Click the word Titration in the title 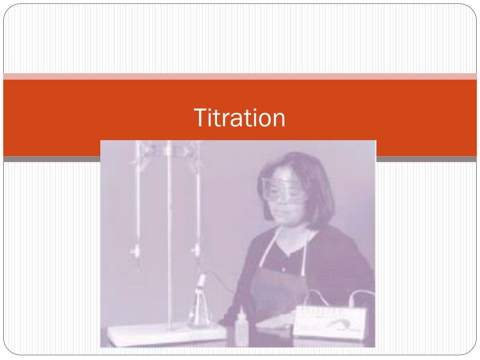pos(240,118)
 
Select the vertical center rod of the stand pos(170,234)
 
